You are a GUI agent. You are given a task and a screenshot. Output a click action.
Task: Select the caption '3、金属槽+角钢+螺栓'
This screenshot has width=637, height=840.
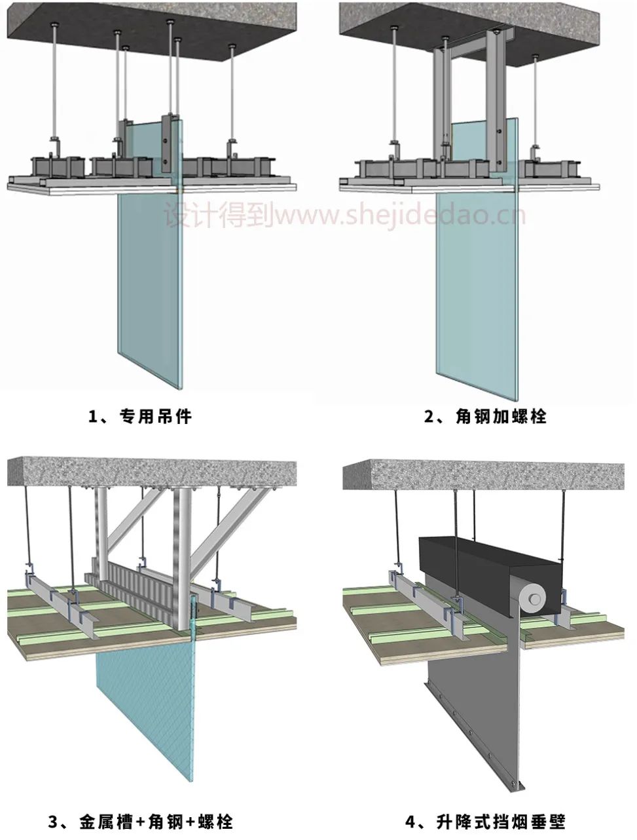[140, 820]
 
